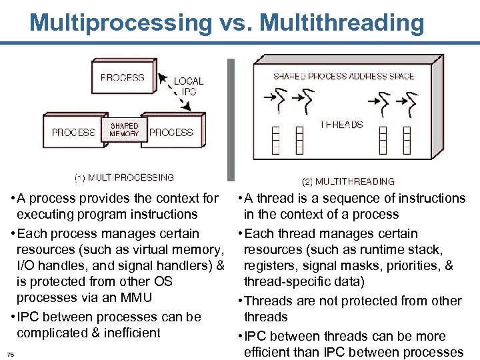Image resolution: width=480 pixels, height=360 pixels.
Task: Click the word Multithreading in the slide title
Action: tap(342, 23)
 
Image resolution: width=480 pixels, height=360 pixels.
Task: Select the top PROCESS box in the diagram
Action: tap(123, 77)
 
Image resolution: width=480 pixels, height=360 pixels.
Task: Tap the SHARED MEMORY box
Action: tap(125, 129)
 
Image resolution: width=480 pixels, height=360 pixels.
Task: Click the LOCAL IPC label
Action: tap(189, 86)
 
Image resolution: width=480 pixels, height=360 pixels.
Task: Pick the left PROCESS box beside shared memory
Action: tap(73, 132)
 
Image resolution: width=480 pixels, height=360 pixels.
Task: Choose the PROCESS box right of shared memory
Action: tap(171, 132)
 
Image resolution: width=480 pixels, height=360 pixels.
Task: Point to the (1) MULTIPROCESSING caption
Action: tap(124, 178)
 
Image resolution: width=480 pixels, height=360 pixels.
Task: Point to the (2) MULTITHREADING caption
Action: tap(348, 181)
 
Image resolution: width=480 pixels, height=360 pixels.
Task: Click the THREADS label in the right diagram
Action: tap(341, 125)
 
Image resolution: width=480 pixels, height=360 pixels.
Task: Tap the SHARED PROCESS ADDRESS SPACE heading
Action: tap(343, 77)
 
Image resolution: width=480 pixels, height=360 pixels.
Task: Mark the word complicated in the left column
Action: tap(50, 333)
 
